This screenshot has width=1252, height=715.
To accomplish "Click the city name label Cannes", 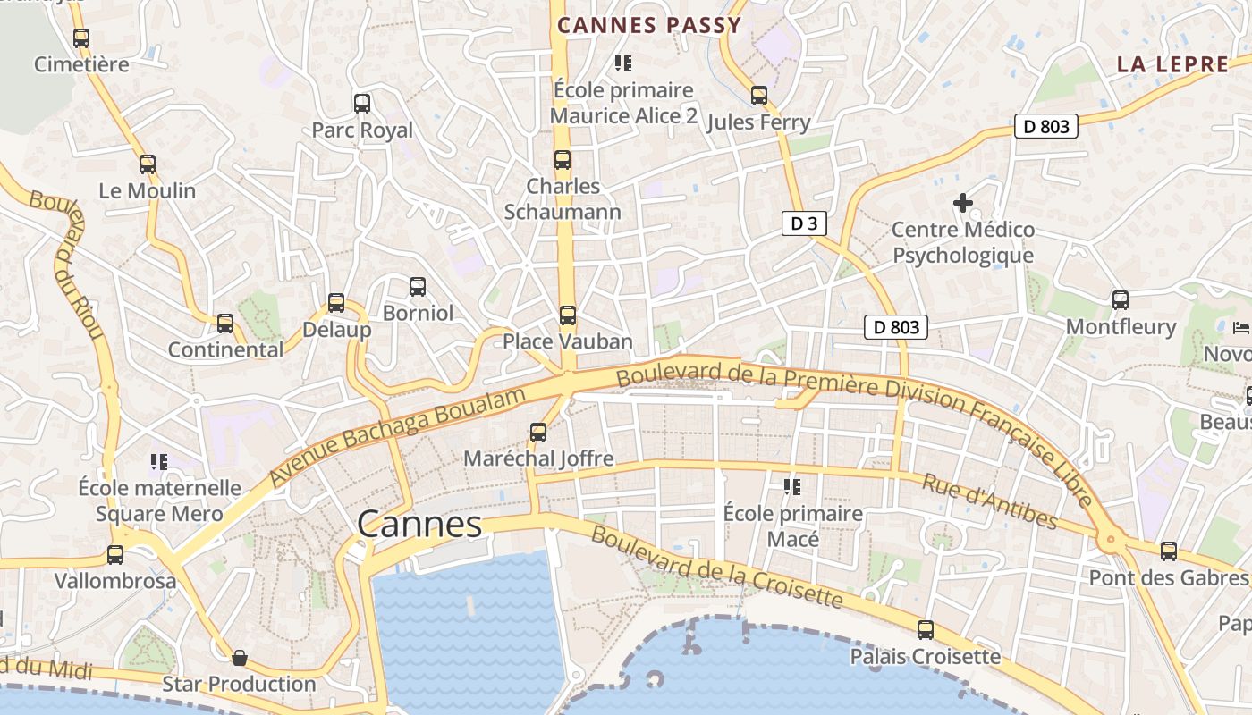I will [419, 525].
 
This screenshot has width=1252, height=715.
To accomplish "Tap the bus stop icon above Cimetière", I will [81, 38].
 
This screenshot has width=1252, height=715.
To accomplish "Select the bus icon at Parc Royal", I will [362, 104].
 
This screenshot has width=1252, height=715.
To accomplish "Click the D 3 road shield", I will [804, 223].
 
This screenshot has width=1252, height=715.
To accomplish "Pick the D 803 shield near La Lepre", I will [1046, 126].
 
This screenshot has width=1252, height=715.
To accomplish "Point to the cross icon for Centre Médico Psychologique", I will [963, 204].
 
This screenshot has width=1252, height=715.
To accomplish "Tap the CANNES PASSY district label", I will [649, 25].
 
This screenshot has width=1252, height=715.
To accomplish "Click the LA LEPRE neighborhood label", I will [1172, 64].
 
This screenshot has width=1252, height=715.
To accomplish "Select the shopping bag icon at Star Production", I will [240, 659].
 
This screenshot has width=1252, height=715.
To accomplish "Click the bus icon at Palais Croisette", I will [926, 630].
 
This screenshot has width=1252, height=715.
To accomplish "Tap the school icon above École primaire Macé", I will [792, 487].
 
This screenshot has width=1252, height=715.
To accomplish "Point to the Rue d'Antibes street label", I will [990, 501].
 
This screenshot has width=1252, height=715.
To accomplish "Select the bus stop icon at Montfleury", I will [1121, 300].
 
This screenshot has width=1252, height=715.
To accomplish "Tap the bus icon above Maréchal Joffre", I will [538, 433].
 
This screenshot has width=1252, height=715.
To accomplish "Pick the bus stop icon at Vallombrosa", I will [115, 555].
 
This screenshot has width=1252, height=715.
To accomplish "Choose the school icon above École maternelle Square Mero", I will [159, 462].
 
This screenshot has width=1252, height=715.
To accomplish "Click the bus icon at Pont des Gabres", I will [1169, 551].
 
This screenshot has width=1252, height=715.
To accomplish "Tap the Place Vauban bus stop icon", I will [568, 315].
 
